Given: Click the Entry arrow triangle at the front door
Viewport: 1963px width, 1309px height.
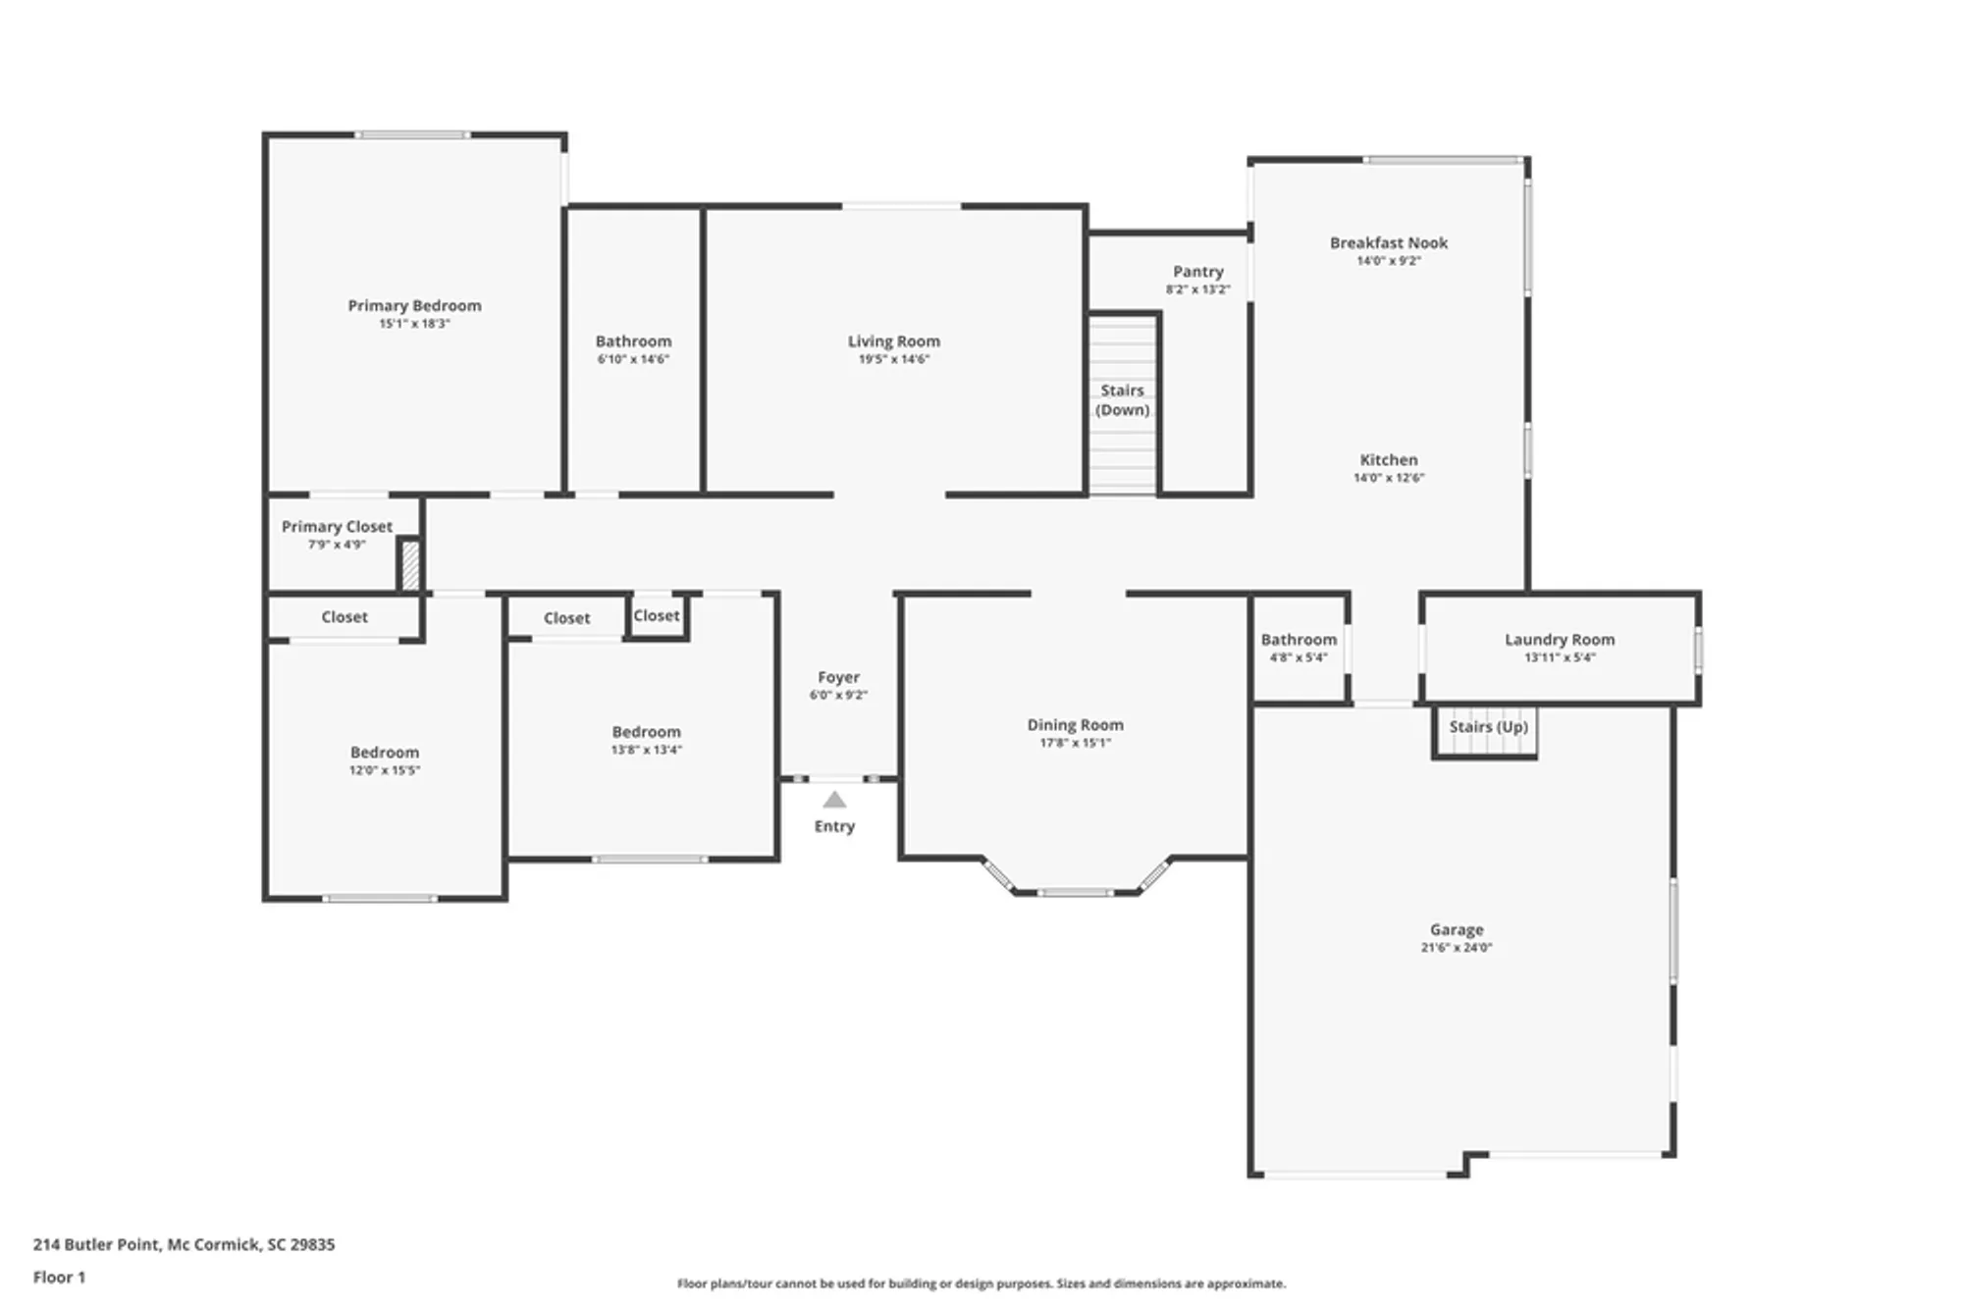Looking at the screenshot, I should (834, 800).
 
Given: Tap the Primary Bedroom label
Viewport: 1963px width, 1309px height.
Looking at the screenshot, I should (414, 305).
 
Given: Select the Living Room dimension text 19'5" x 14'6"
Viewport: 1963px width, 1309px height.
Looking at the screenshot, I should (893, 359).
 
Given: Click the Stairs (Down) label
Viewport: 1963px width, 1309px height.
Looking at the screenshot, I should (1122, 400).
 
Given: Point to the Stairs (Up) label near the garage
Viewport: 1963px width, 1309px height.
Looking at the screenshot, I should (1488, 726).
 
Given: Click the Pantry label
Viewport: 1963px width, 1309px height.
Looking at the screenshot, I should (1197, 271).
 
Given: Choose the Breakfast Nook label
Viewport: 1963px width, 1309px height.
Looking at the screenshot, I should (1388, 242).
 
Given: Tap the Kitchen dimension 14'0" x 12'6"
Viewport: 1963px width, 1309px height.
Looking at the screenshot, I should (1388, 478).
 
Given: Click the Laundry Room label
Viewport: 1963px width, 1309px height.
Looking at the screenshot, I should (1559, 639).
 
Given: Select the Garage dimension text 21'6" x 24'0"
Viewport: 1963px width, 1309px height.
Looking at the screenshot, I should (1456, 947).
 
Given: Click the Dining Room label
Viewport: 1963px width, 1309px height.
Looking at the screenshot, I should (1075, 724).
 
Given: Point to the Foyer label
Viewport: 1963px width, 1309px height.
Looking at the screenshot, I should (838, 677).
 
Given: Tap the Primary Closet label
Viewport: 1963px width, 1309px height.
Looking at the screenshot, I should (337, 526).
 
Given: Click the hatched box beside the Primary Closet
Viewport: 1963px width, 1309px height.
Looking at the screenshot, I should (410, 566).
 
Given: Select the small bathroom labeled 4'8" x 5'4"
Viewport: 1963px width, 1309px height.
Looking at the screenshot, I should (1298, 648).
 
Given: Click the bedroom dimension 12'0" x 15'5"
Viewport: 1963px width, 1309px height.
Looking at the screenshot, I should (384, 770).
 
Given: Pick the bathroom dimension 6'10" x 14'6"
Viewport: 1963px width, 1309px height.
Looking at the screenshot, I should (633, 359).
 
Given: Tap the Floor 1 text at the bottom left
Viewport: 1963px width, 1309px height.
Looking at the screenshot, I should (59, 1277).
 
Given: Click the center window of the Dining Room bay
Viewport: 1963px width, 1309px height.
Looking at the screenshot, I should (1075, 892).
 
